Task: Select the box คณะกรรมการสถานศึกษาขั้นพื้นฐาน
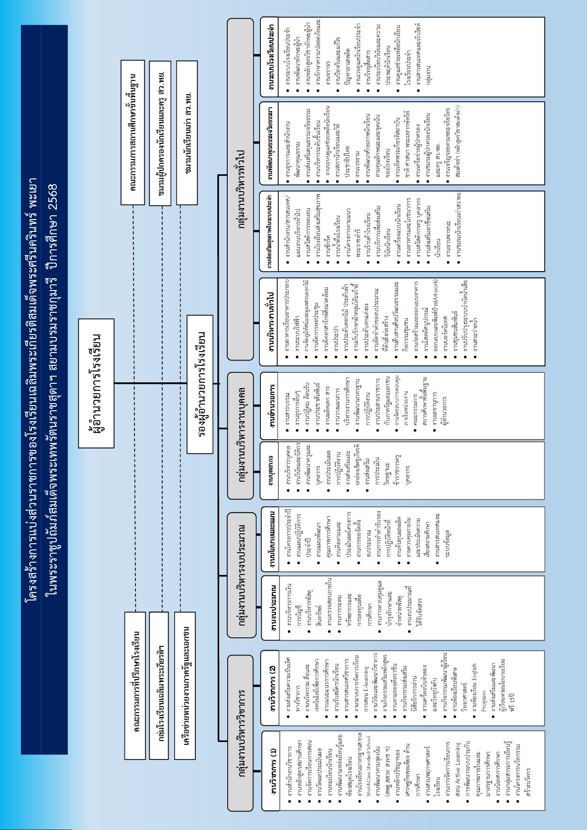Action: coord(133,132)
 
